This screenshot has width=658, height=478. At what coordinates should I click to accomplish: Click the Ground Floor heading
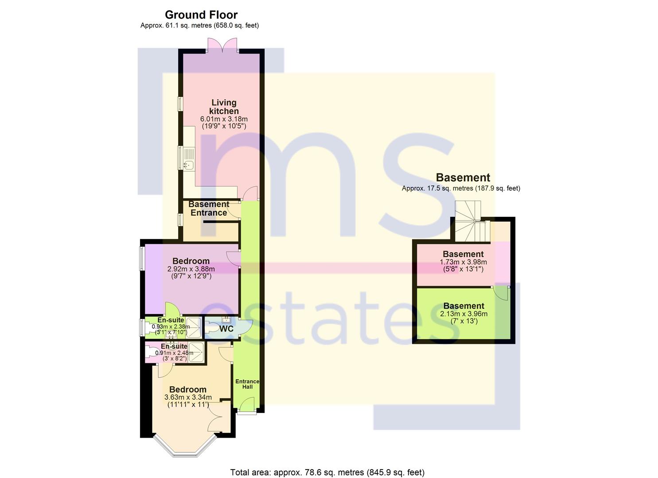click(201, 15)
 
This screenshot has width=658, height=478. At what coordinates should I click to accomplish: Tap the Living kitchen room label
click(224, 107)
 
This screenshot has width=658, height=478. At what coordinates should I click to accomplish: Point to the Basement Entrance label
click(209, 208)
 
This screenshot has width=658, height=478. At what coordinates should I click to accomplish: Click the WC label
click(226, 329)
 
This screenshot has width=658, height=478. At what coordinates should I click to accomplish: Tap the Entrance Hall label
click(247, 384)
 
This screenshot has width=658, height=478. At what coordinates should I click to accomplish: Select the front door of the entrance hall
click(247, 405)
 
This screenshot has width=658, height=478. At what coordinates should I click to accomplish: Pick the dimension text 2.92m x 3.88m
click(191, 269)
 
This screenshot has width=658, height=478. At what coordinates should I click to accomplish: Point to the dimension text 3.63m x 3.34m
click(188, 397)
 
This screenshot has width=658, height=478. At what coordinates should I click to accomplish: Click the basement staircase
click(471, 222)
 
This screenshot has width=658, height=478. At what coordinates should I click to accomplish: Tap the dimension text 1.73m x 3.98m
click(463, 262)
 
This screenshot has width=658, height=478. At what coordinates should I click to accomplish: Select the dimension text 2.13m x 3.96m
click(464, 314)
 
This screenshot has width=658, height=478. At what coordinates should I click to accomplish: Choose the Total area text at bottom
click(327, 464)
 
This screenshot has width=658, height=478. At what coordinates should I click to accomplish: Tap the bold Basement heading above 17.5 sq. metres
click(463, 177)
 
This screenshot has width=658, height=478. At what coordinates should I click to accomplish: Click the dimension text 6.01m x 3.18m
click(224, 119)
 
